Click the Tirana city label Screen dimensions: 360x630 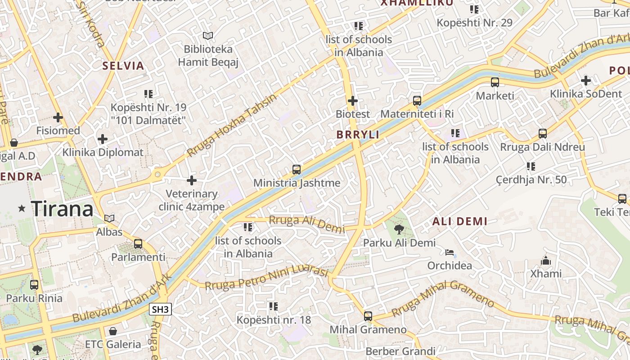click(x=62, y=209)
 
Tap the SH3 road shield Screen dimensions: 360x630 click(x=160, y=309)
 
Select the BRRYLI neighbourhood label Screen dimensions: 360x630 click(x=358, y=135)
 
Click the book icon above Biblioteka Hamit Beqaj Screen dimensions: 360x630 click(x=207, y=36)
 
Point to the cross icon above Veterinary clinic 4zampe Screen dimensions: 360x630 click(x=192, y=180)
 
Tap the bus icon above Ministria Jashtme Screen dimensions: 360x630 click(x=297, y=170)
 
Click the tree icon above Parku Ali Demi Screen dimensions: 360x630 click(x=399, y=229)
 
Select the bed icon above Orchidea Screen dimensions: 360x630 click(x=450, y=252)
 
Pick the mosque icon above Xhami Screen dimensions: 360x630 click(x=546, y=261)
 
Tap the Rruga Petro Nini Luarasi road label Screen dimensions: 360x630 click(x=266, y=278)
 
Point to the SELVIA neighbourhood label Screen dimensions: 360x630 click(x=123, y=66)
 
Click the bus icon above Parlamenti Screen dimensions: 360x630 click(x=138, y=244)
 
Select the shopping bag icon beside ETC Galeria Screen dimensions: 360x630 click(x=113, y=331)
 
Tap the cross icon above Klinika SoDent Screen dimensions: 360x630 click(x=585, y=81)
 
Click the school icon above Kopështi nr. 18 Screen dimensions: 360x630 click(x=274, y=306)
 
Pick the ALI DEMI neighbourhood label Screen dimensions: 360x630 click(x=460, y=221)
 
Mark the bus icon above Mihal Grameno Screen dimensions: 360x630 click(x=368, y=316)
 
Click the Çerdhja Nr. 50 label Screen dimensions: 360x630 click(x=531, y=180)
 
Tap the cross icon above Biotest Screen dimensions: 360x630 click(x=353, y=101)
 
